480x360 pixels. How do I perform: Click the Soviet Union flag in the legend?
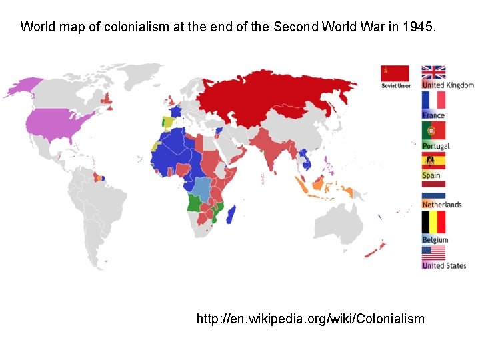coord(395,73)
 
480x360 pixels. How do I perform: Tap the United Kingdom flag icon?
coord(433,73)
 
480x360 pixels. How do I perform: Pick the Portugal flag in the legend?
coord(433,131)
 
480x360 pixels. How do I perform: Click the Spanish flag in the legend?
coord(433,161)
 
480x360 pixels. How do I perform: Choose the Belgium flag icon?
coord(433,223)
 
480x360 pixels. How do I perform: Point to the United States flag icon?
coord(433,253)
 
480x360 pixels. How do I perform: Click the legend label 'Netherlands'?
coord(441,205)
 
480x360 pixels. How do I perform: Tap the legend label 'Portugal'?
coord(436,146)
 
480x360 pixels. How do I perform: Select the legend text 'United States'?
coord(444,265)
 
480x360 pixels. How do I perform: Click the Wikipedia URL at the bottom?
coord(310,319)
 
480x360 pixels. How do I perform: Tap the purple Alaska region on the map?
coord(25,86)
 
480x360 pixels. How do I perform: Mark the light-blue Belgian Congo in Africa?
coord(202,187)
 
